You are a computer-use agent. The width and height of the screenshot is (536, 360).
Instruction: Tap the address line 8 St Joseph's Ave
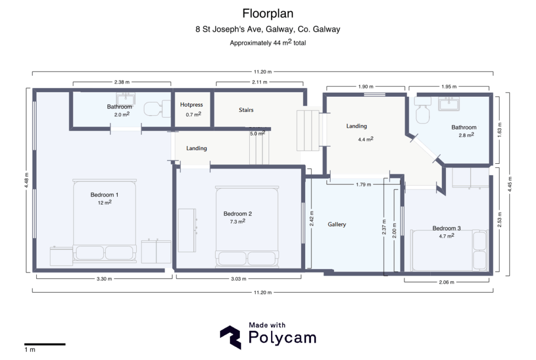267,30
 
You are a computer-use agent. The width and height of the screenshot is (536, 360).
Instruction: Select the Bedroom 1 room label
105,195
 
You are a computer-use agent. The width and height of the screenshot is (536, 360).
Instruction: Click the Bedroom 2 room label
238,213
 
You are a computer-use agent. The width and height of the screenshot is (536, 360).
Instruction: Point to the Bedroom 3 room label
446,228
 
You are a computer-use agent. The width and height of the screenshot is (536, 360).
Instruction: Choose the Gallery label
337,224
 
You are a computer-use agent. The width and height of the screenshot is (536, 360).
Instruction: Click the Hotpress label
191,105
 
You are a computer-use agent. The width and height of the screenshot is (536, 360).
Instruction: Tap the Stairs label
246,110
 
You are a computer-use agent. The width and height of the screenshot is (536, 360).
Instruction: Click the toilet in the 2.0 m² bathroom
153,108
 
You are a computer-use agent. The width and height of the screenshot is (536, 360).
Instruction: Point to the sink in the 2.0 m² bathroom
126,98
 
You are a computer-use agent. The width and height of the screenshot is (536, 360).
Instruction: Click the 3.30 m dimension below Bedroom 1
105,279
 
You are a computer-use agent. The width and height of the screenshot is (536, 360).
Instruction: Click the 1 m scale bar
44,344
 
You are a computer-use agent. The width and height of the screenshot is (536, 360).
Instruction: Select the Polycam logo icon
230,337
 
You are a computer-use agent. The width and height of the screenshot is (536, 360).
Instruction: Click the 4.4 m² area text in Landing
365,140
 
